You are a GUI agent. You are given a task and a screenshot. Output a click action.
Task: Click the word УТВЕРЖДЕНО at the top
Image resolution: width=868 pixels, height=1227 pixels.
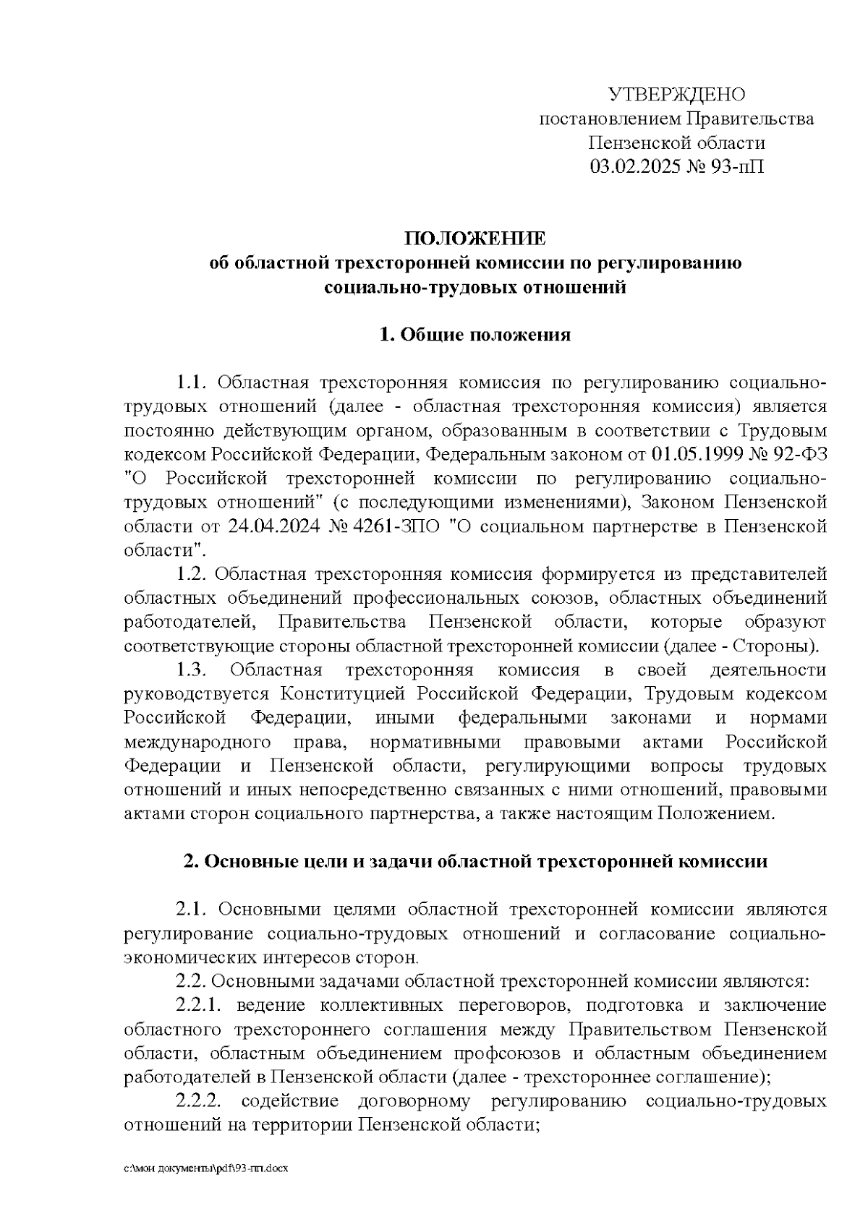pos(676,95)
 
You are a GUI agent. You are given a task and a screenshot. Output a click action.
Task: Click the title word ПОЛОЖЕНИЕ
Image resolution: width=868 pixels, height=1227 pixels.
pos(475,239)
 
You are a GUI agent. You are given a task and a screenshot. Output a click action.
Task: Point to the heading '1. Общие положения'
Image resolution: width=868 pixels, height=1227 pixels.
pos(475,335)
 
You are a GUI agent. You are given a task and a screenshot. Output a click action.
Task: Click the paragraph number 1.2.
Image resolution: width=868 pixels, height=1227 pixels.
pos(192,574)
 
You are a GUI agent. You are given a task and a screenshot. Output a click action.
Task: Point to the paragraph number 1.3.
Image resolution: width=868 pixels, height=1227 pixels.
pos(192,670)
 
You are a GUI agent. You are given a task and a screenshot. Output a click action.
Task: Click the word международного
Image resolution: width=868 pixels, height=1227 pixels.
pos(197,743)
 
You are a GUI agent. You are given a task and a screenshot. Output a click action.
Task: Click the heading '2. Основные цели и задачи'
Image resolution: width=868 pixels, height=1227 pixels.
pos(475,862)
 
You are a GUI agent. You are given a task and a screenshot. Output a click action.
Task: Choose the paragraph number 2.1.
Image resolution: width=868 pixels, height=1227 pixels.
pos(192,910)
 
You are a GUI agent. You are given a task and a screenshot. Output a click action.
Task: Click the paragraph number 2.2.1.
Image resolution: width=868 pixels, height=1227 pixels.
pos(198,1006)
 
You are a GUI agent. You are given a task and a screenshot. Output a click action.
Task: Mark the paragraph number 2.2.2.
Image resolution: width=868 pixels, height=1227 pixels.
pos(198,1102)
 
